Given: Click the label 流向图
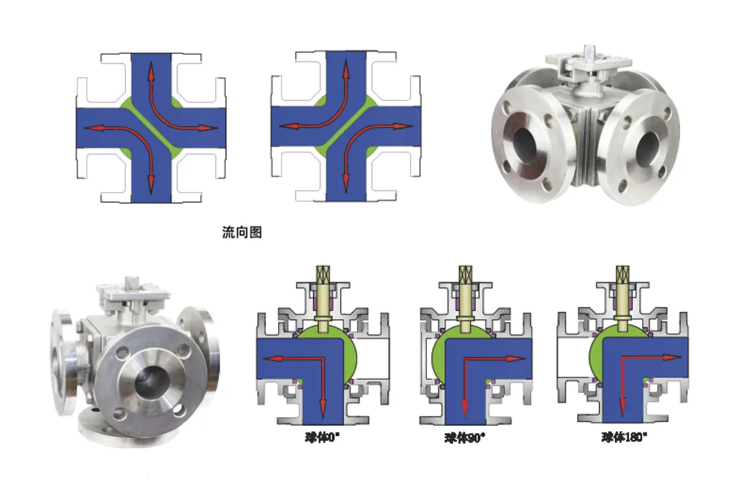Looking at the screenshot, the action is coord(241,232).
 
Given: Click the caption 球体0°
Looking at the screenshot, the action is coord(322,438).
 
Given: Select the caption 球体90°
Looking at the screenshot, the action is coord(464,438).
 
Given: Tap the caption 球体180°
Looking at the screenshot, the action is coord(625,437).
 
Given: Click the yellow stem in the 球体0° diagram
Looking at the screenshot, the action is coord(322,298).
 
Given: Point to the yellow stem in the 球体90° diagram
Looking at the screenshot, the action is coord(465,298).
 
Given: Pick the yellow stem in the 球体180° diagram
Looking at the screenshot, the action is coord(623,298).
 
